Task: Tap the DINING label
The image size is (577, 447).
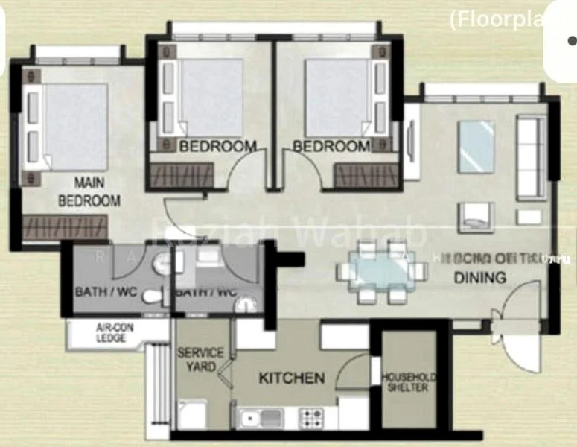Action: click(480, 277)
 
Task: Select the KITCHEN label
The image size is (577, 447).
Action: click(291, 378)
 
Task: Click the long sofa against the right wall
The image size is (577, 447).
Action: click(531, 157)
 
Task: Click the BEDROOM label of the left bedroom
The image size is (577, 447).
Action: click(217, 146)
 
